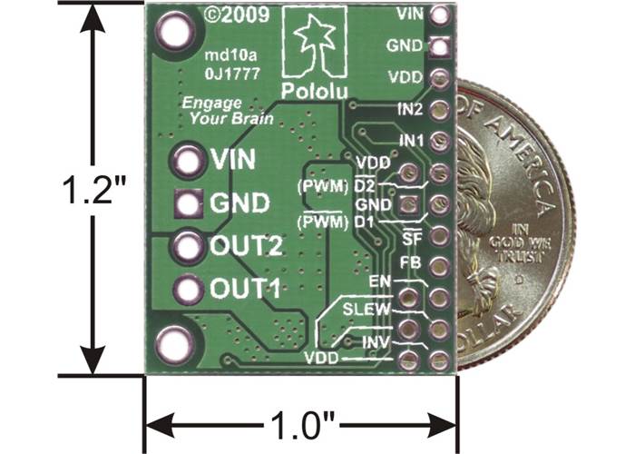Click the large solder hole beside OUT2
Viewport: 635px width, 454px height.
[x=189, y=245]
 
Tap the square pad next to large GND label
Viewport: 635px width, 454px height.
[x=189, y=203]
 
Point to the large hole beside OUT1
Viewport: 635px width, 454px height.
[x=189, y=290]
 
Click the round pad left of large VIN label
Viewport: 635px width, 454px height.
[x=189, y=160]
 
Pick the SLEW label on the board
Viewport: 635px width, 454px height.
[x=366, y=310]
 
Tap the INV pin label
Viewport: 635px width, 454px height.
[x=375, y=342]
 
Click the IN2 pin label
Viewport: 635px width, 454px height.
[x=411, y=110]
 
